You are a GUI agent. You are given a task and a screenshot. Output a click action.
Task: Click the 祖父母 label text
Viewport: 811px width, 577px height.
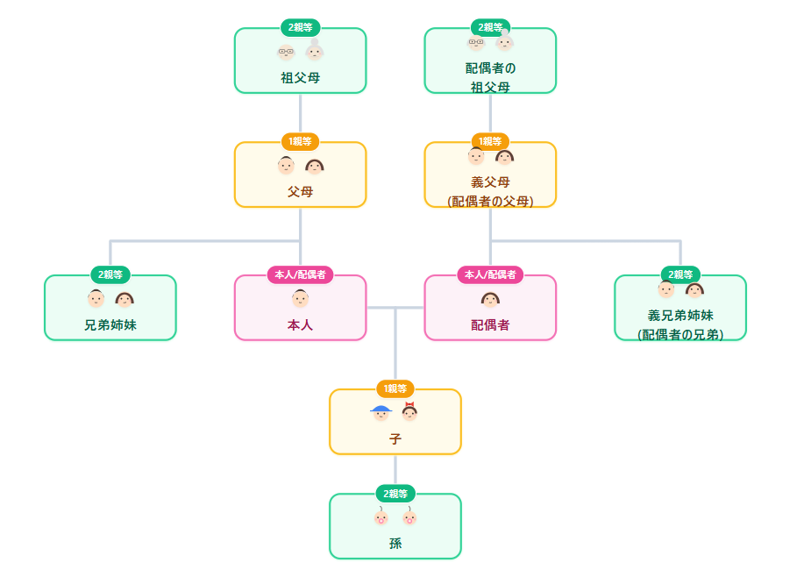(x=300, y=77)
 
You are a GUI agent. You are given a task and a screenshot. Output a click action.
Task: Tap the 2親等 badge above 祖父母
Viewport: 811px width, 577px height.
(x=300, y=27)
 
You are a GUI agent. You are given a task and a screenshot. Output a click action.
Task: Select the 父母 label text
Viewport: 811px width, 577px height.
(x=300, y=191)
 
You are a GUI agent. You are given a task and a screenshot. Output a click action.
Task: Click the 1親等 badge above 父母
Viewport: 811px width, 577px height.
(x=300, y=141)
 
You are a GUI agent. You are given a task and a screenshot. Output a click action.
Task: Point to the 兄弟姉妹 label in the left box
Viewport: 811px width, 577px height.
(x=110, y=324)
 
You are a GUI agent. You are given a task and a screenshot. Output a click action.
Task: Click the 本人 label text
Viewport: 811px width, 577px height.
(x=300, y=324)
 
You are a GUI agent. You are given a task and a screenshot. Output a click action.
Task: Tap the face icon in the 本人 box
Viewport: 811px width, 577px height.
(x=300, y=299)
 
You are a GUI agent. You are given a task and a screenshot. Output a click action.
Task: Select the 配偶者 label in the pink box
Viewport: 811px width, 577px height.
(x=490, y=324)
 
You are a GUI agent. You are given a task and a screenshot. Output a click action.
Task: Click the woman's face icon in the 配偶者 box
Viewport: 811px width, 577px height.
(x=490, y=300)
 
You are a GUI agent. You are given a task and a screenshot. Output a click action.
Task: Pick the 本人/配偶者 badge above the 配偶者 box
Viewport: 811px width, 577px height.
(x=490, y=274)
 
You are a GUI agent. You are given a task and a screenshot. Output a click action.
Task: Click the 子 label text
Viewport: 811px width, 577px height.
(x=395, y=438)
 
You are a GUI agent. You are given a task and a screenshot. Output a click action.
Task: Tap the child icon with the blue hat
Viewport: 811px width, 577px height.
(x=381, y=412)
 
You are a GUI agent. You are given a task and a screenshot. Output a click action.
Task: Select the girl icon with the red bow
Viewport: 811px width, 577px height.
(x=409, y=412)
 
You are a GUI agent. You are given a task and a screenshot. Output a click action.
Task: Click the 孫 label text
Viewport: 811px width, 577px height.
(x=395, y=543)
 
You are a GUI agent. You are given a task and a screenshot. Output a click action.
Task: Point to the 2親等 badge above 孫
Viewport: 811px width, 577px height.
(x=395, y=493)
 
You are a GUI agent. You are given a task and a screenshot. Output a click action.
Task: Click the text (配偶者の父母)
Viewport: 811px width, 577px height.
(x=490, y=201)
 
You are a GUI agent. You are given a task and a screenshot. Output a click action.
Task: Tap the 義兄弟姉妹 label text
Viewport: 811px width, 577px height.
(x=680, y=315)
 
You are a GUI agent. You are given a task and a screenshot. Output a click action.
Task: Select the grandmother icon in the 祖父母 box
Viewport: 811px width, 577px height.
(x=315, y=51)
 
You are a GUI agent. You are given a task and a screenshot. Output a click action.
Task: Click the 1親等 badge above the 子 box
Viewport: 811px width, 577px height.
(x=395, y=388)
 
